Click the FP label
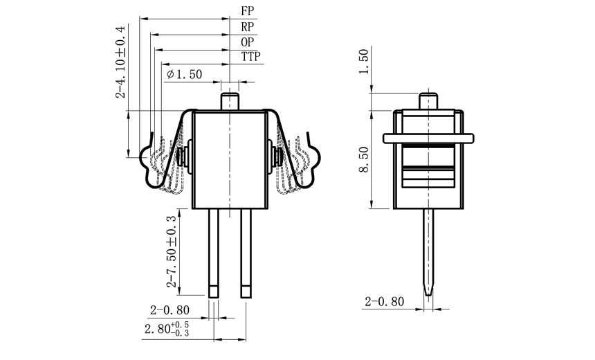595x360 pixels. click(248, 12)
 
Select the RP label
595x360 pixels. click(248, 27)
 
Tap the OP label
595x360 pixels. click(248, 42)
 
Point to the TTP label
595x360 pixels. click(251, 57)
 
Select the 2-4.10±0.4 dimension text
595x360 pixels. click(121, 62)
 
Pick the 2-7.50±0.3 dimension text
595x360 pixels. click(171, 251)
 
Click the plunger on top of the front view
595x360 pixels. click(230, 98)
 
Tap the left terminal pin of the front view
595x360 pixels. click(213, 253)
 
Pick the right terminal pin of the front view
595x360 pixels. click(246, 253)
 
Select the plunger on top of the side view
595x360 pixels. click(429, 100)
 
